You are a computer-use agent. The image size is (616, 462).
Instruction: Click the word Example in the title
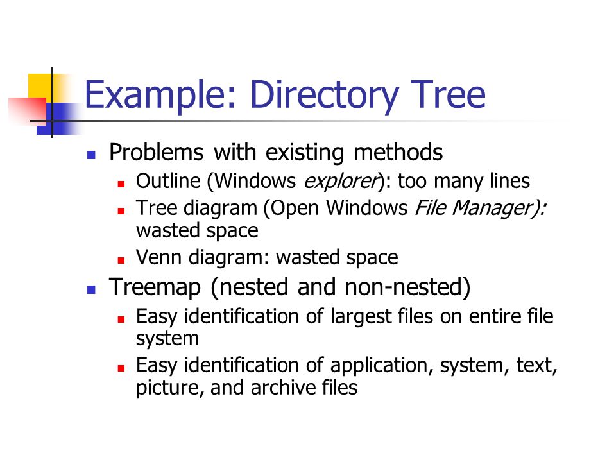click(160, 95)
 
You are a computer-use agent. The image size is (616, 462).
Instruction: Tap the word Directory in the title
click(324, 95)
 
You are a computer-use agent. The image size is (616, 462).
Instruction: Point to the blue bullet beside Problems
click(92, 155)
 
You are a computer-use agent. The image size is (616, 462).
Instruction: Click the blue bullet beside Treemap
click(92, 290)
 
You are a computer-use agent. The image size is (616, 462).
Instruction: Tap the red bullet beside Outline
click(121, 184)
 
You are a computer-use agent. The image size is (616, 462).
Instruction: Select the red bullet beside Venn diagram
click(121, 260)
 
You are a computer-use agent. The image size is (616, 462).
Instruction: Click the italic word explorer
click(341, 182)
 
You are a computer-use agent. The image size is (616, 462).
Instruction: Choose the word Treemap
click(155, 287)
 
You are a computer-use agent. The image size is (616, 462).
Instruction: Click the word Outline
click(168, 181)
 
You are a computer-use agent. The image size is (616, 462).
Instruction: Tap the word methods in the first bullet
click(398, 152)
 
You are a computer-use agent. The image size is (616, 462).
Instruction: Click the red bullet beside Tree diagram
click(121, 211)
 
